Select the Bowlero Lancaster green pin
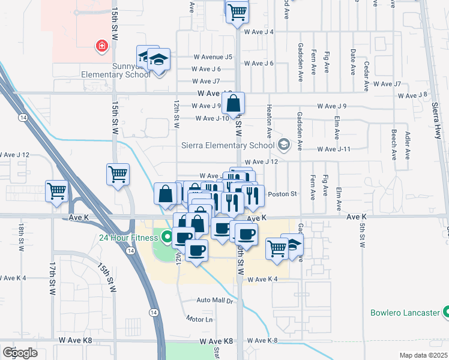(x=445, y=312)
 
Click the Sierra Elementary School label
(x=228, y=145)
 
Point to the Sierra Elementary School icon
(x=283, y=145)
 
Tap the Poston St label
(x=282, y=194)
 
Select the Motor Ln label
(x=199, y=319)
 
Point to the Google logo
(x=20, y=352)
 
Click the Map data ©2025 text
(x=423, y=355)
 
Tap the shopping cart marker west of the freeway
(x=57, y=192)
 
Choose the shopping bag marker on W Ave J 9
(x=234, y=103)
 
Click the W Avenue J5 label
(x=212, y=57)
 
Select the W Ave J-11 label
(x=334, y=149)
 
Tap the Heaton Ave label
(x=269, y=120)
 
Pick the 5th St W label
(x=363, y=235)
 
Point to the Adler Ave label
(x=408, y=144)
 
